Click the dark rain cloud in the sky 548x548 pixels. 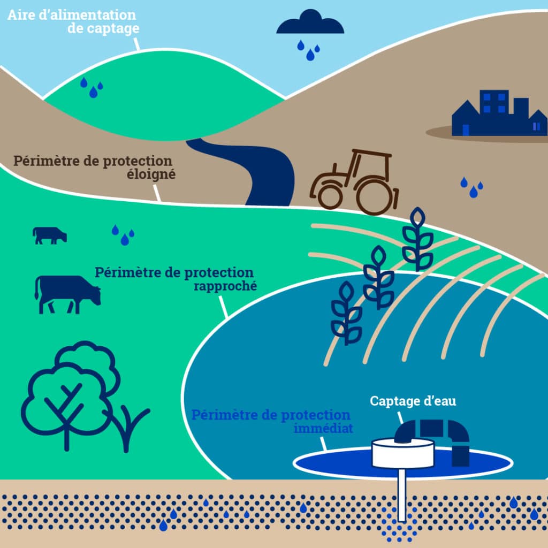tap(310, 23)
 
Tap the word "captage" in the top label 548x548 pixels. tap(113, 28)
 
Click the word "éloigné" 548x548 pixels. tap(151, 174)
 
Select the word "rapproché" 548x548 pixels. tap(225, 286)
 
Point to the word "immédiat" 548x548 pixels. tap(323, 428)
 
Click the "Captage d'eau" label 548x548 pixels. tap(413, 401)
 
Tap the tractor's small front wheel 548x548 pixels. tap(330, 195)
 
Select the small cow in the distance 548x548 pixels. tap(50, 235)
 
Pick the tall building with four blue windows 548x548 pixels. tap(494, 112)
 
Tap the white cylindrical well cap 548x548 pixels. tap(403, 453)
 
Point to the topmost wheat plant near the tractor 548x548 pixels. tap(417, 239)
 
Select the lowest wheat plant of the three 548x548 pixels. tap(346, 313)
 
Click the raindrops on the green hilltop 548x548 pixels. tap(92, 87)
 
